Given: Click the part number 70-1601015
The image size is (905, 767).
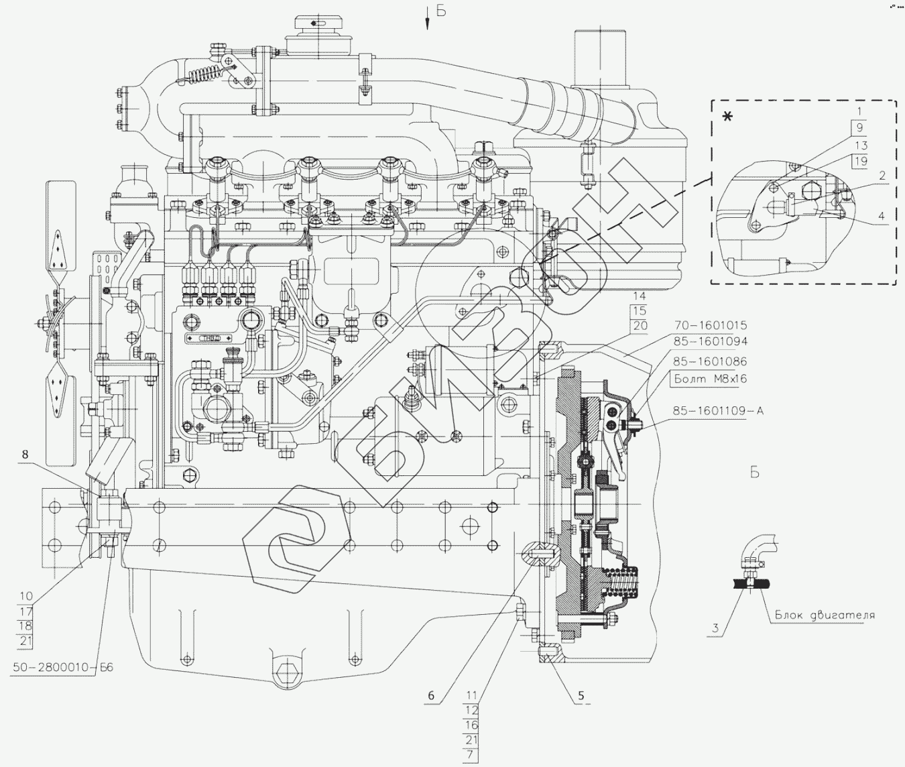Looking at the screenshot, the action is click(710, 326).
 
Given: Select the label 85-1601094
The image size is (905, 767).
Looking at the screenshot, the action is click(710, 341).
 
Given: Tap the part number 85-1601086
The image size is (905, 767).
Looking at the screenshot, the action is click(710, 361).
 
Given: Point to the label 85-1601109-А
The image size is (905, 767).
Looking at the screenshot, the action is click(719, 410).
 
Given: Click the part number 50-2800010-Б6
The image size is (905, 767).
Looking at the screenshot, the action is click(63, 668).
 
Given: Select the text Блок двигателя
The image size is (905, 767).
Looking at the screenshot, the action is click(825, 615).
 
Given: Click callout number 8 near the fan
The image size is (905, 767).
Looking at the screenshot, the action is click(25, 455).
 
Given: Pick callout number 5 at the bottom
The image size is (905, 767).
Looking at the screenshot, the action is click(581, 696).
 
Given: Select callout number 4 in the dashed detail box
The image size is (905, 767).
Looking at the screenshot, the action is click(882, 216).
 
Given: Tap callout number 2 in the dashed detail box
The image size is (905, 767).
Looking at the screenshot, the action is click(882, 176).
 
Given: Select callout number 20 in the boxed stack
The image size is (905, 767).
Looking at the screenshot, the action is click(640, 326).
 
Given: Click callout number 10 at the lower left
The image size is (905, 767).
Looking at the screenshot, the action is click(26, 596).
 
